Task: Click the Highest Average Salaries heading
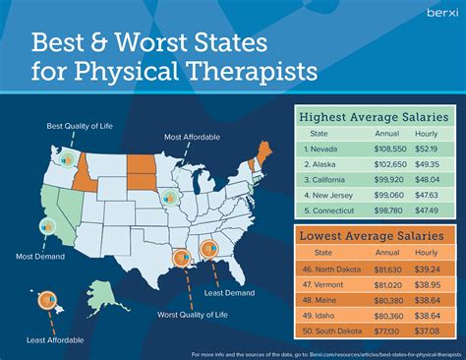point(375,117)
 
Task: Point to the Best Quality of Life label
point(73,127)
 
